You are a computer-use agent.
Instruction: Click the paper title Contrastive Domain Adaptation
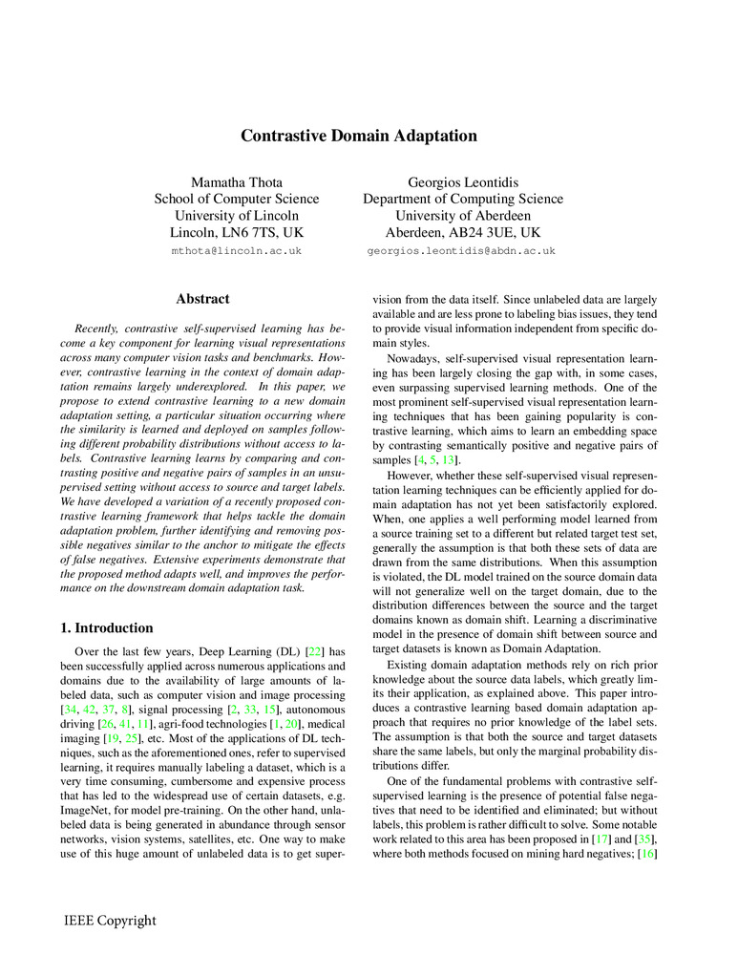(x=358, y=136)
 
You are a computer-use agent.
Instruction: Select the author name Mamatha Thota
(x=237, y=180)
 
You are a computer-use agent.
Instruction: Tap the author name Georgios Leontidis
(x=462, y=180)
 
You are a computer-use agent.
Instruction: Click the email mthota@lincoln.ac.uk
(x=237, y=251)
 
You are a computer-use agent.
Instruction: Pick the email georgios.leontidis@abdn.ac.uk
(x=462, y=251)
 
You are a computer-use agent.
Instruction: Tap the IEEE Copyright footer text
(x=110, y=921)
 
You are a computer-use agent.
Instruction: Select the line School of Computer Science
(x=237, y=199)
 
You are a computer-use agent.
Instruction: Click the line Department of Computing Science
(x=462, y=199)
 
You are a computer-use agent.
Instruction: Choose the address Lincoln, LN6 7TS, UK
(x=237, y=232)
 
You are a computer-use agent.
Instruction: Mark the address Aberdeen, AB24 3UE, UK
(x=462, y=232)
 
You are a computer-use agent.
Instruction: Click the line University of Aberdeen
(x=462, y=216)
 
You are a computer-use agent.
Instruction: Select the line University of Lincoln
(x=237, y=216)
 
